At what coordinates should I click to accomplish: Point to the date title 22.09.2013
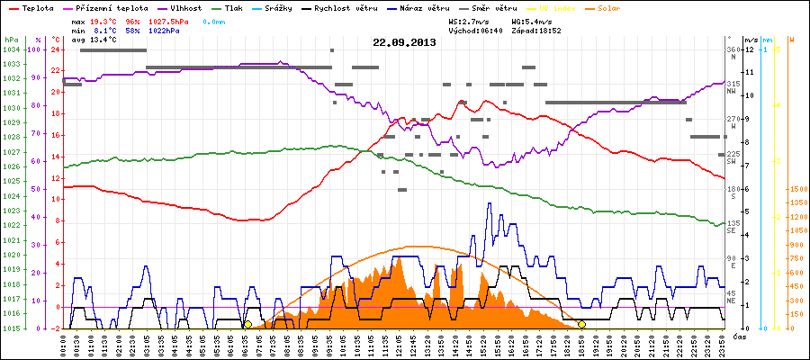[x=404, y=42]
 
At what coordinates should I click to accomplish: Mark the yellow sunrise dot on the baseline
[x=247, y=324]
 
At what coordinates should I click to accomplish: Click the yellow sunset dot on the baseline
[x=582, y=324]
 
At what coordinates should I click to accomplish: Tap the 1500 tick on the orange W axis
[x=772, y=189]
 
